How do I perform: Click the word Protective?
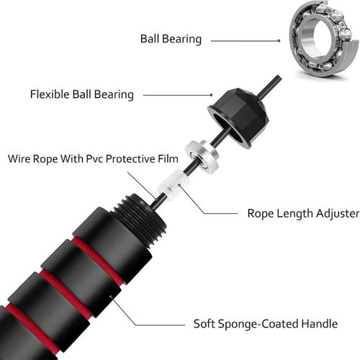[142, 158]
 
